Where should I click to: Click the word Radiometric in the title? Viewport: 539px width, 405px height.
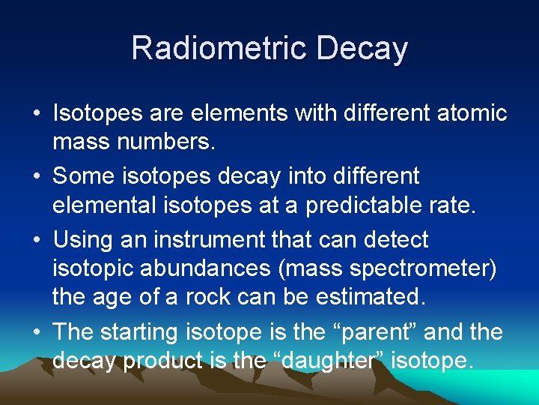[220, 48]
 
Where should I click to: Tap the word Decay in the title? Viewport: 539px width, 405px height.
[362, 48]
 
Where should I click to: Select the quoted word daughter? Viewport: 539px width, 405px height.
[333, 361]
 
